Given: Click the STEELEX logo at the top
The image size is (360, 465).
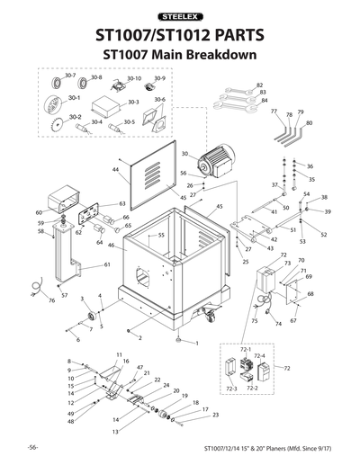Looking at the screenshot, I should (180, 16).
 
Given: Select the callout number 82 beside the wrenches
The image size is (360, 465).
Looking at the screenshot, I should (262, 85).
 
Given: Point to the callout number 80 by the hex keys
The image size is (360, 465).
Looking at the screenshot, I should (310, 121).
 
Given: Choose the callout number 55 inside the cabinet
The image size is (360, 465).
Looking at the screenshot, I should (161, 236).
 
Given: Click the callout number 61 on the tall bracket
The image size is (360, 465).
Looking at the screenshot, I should (107, 265).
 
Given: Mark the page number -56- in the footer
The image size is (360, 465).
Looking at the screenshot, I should (31, 447).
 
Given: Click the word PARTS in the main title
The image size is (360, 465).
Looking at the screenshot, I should (229, 36).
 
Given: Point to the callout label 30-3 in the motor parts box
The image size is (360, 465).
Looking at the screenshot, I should (132, 102).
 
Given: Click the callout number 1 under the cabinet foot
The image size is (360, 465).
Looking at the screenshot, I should (195, 344).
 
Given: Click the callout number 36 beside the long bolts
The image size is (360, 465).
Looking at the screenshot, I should (310, 167).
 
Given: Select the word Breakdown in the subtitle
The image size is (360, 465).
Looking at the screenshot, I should (220, 55).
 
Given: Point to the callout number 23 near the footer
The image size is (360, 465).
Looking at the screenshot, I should (215, 416).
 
